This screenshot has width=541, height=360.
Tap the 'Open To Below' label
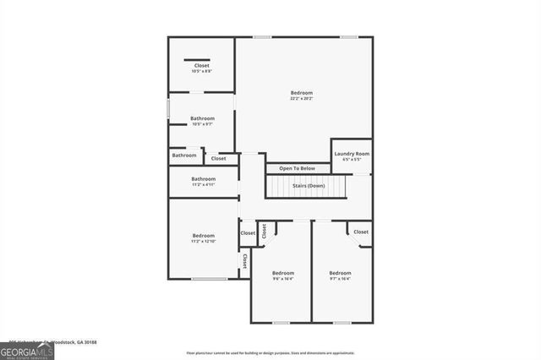coord(297,168)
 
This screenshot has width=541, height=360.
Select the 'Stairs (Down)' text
coord(309,185)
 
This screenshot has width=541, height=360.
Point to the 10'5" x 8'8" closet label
coord(201,68)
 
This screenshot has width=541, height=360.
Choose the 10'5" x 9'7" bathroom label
coord(201,121)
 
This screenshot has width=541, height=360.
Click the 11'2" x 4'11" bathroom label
coord(203,181)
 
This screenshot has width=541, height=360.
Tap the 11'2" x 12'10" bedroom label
coord(203,237)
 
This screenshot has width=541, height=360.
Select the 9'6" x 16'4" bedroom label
coord(282,275)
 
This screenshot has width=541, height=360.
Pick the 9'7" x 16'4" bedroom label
coord(340,275)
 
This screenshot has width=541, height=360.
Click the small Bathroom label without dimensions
coord(184,155)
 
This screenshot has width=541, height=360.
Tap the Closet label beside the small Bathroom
coord(219,158)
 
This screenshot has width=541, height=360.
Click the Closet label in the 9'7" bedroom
coord(360,232)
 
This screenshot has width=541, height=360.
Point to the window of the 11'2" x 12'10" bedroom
coord(209,279)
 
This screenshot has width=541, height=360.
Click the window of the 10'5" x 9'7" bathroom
coord(168,110)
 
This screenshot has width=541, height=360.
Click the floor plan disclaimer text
coord(270,353)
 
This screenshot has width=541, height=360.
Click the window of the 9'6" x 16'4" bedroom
coord(281,322)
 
